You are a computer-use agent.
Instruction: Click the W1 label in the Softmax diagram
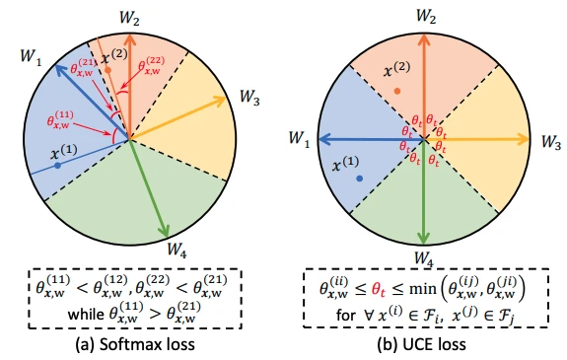(31, 57)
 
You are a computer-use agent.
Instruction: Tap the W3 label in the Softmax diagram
(249, 98)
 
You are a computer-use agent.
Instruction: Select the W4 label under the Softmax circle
(177, 250)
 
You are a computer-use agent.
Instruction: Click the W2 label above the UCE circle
(426, 16)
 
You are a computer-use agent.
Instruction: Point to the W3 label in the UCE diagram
(551, 142)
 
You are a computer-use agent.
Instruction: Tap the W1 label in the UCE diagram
(300, 139)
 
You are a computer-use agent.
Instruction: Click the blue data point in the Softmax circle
(57, 166)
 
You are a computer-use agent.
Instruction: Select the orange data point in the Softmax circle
(107, 70)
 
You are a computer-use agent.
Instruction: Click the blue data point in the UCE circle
(360, 179)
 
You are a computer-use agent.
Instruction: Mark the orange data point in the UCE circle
(397, 91)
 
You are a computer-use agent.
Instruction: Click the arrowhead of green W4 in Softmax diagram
(165, 230)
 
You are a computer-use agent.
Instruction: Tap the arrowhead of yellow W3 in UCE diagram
(524, 139)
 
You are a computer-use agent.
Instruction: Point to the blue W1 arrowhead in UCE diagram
(325, 139)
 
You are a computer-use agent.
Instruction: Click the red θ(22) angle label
(151, 65)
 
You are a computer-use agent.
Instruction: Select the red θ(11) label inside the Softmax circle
(60, 119)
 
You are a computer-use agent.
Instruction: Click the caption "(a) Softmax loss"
(135, 344)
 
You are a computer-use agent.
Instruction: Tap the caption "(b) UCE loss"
(421, 344)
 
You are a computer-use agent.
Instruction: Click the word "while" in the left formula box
(86, 314)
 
